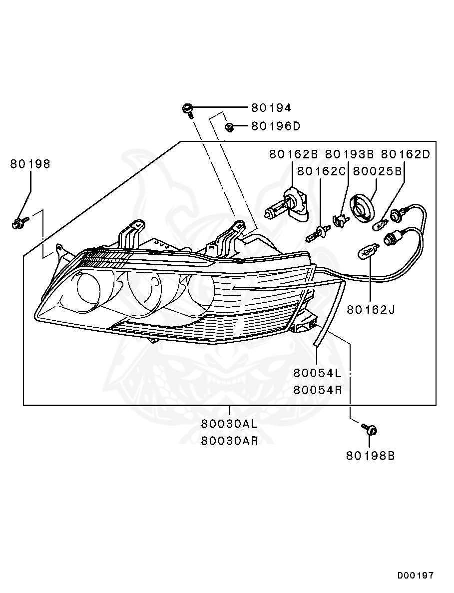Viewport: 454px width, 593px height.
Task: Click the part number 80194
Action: (271, 107)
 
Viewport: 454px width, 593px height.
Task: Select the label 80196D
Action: (275, 126)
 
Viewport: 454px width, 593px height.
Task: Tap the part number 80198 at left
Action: (30, 164)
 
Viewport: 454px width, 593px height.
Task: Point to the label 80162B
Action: (294, 154)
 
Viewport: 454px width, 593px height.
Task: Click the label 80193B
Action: (350, 154)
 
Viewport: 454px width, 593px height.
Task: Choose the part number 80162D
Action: (405, 154)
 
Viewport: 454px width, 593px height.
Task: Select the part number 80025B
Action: (378, 171)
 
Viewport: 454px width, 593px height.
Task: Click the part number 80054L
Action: (317, 373)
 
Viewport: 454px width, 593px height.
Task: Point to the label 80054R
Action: (317, 390)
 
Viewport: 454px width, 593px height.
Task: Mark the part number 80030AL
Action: (229, 424)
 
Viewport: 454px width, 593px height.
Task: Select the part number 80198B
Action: (370, 456)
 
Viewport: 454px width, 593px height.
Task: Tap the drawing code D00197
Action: (416, 576)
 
